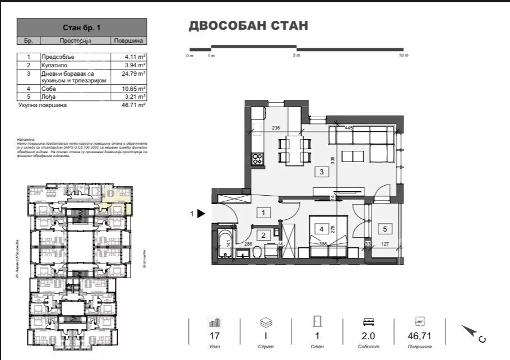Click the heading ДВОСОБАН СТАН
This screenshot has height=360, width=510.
tap(248, 26)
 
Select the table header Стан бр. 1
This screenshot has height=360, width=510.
tap(82, 27)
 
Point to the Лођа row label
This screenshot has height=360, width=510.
tap(47, 97)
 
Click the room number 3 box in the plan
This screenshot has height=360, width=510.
tap(322, 172)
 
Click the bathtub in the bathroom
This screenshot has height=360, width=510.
tap(225, 244)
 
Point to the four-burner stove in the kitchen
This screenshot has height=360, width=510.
tap(258, 158)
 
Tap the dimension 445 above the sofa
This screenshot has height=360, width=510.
tap(348, 128)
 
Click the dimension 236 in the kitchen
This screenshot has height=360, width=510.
tap(276, 128)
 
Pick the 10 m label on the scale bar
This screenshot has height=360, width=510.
tap(403, 56)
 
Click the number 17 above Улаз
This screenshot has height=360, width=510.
tap(214, 336)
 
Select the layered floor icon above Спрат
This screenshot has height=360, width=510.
tap(265, 322)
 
